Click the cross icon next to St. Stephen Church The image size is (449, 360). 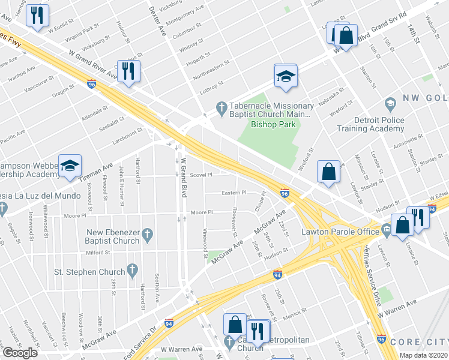(133, 272)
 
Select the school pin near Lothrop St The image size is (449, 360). (286, 76)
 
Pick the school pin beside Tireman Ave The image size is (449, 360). (70, 166)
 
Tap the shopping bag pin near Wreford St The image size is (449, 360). (330, 172)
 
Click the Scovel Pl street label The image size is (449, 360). (201, 175)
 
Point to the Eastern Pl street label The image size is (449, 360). (234, 193)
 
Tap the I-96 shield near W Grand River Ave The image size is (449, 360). (91, 84)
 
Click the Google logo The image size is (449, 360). (20, 353)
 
